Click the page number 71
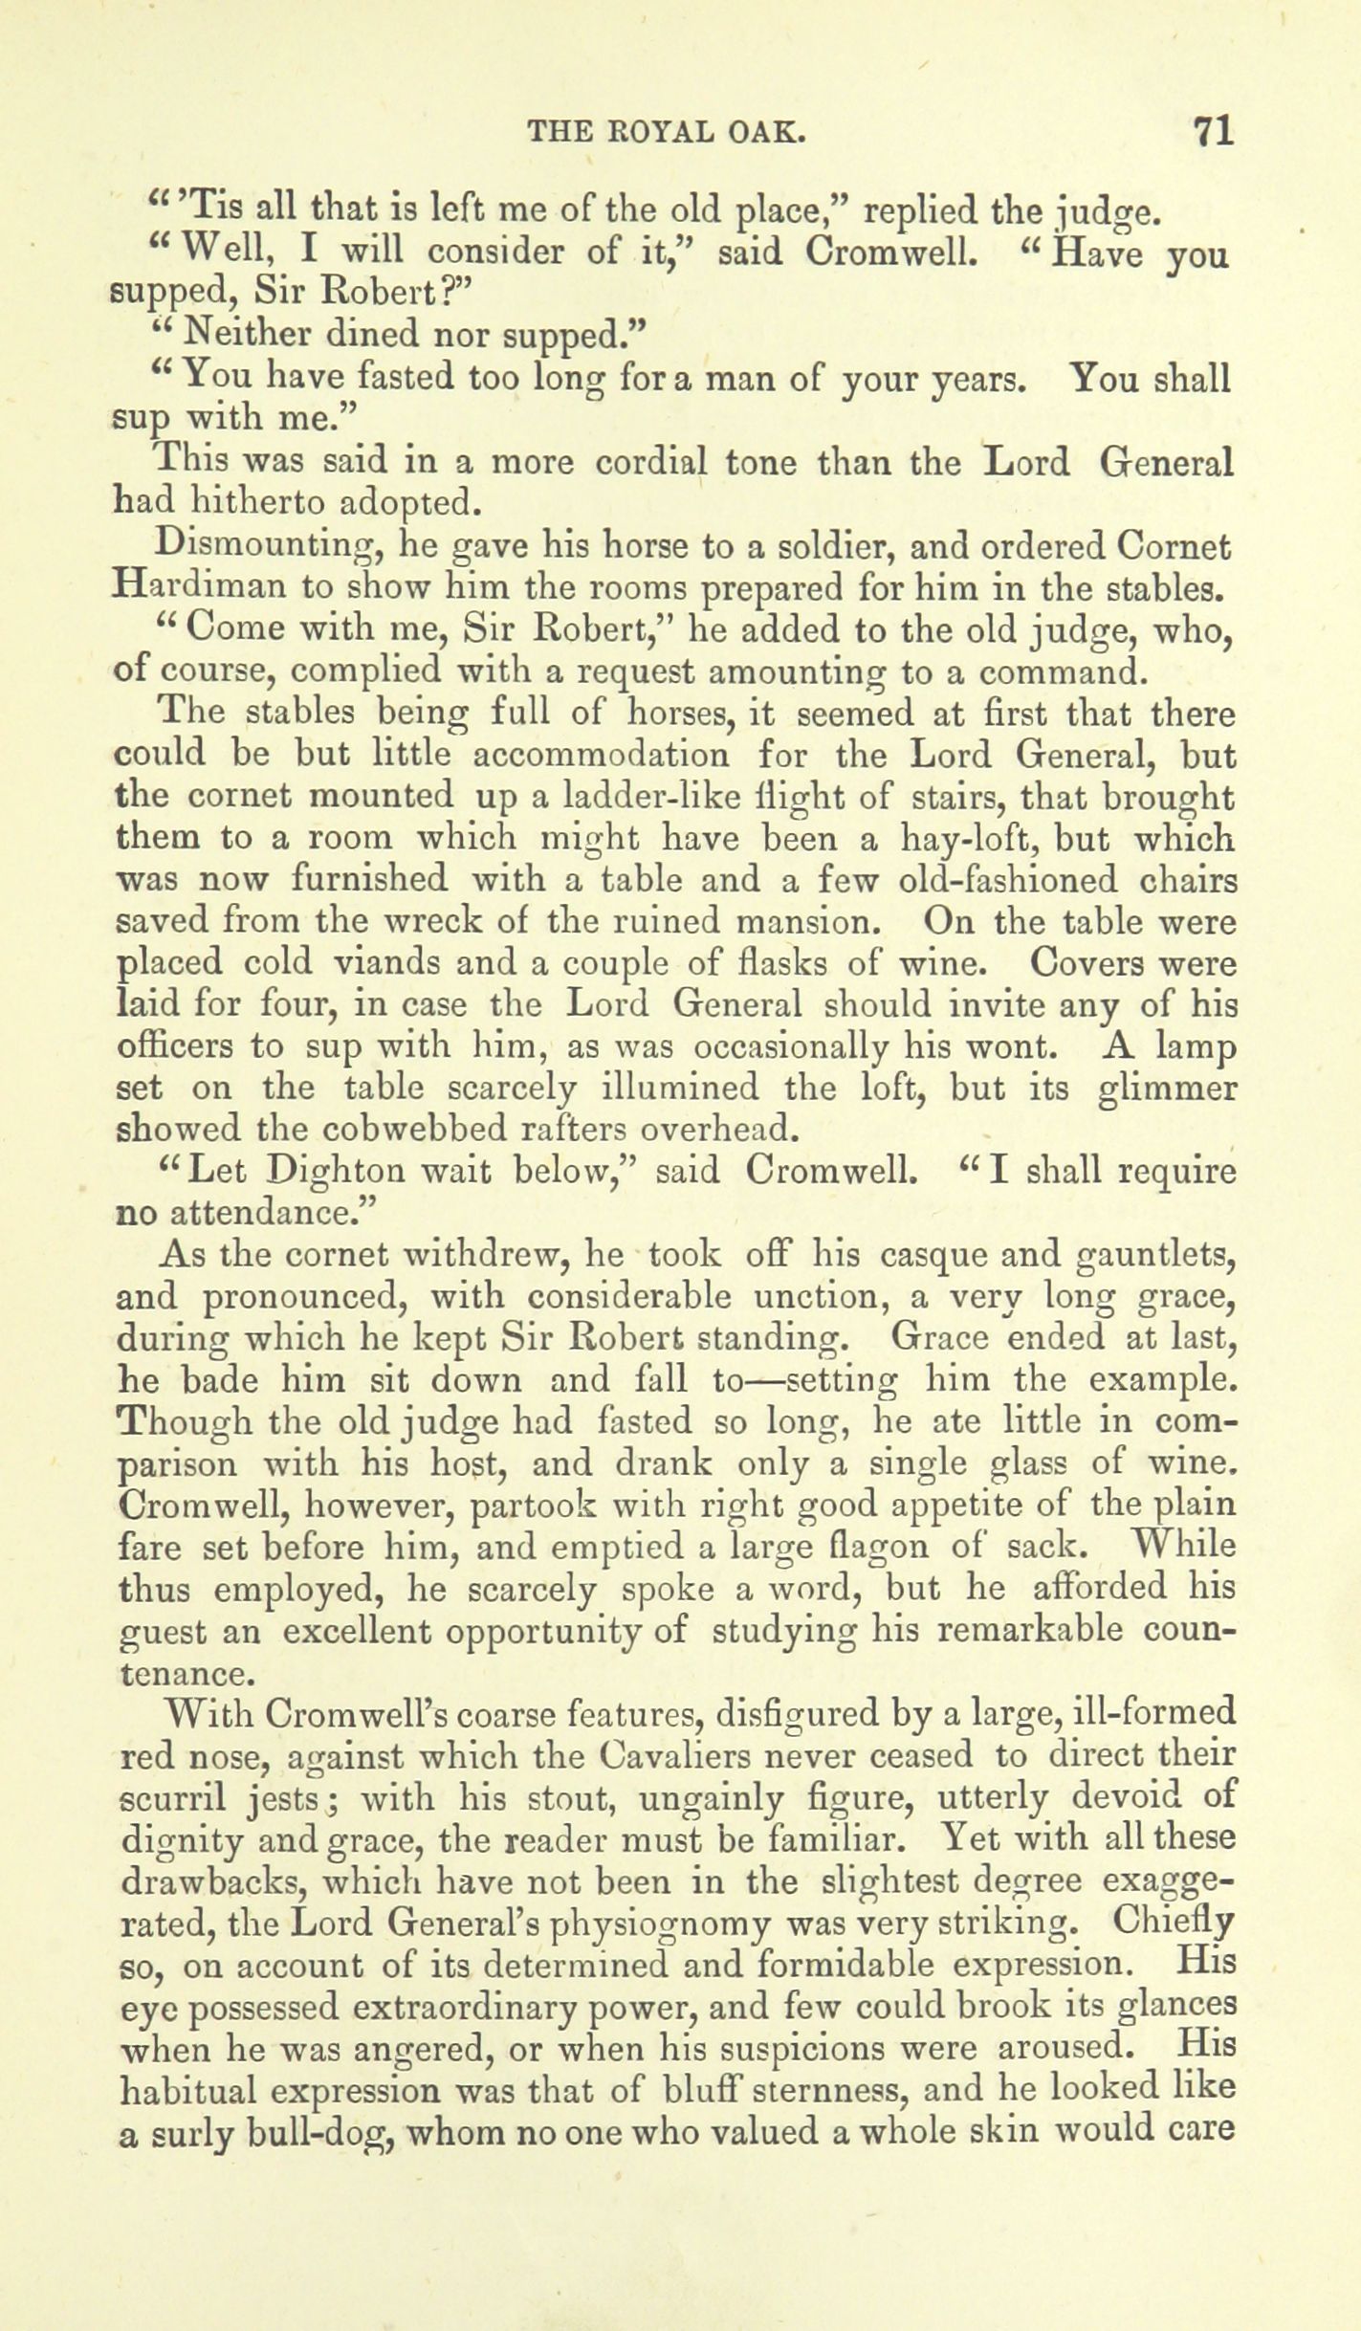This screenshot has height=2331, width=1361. [x=1212, y=131]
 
